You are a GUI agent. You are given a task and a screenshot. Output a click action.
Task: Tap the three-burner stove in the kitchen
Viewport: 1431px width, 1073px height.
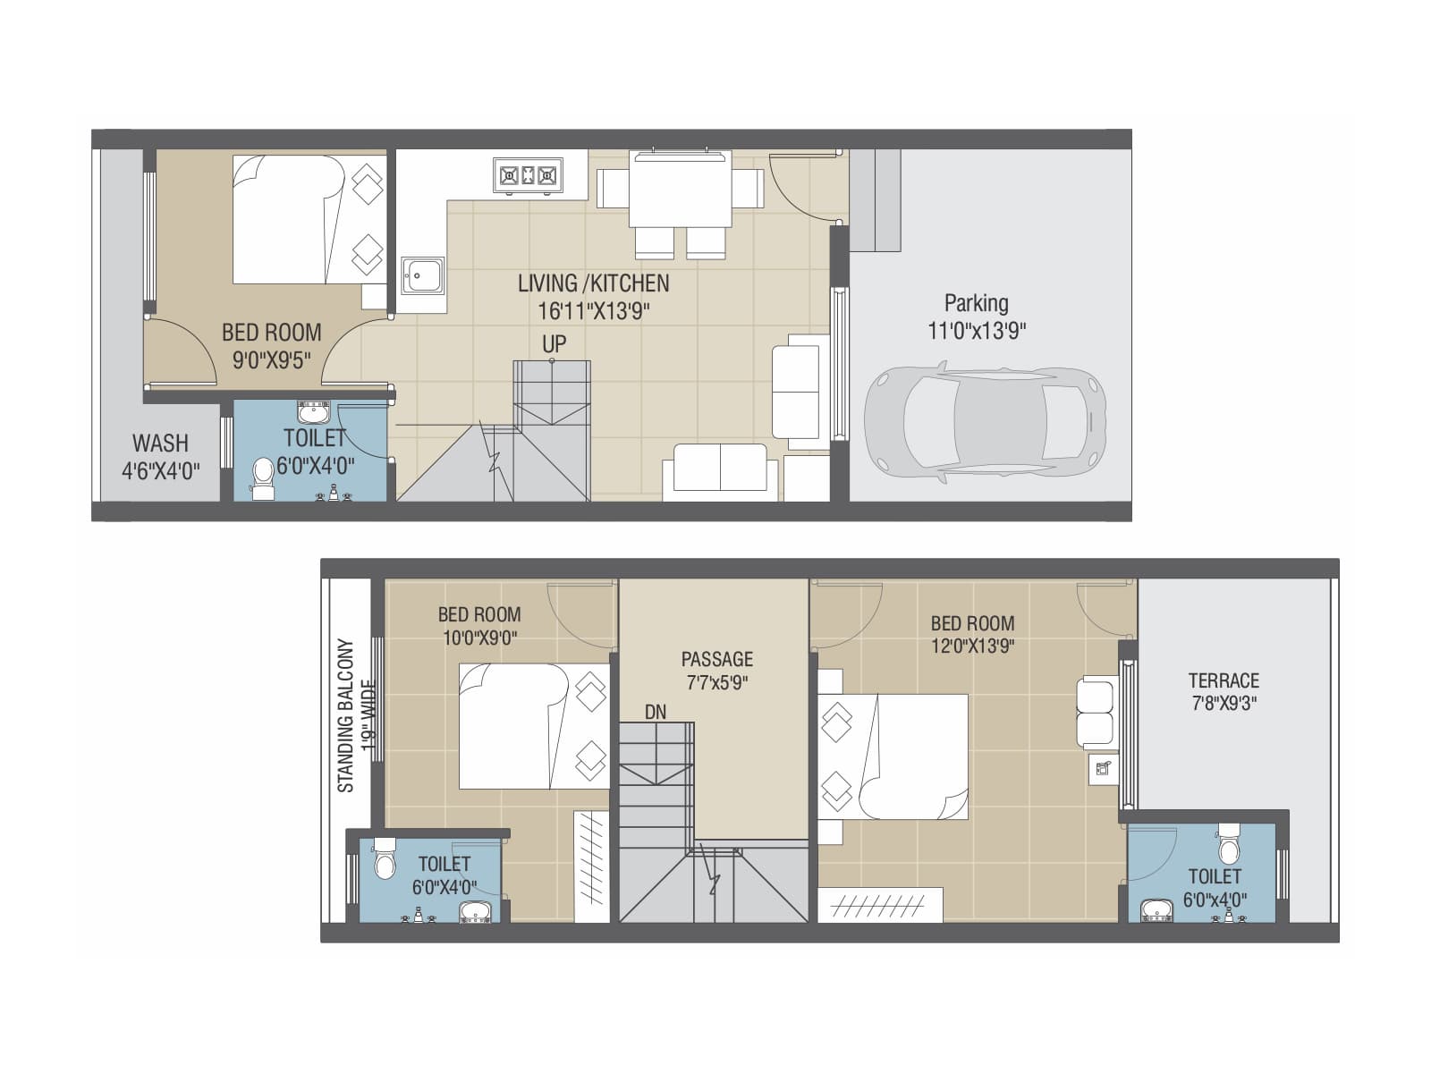point(528,175)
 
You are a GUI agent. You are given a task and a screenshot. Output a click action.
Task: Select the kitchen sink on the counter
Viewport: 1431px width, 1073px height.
point(422,275)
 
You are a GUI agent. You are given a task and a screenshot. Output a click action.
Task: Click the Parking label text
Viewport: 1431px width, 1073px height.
point(976,303)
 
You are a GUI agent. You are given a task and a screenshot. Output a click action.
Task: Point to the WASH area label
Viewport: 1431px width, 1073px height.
point(160,444)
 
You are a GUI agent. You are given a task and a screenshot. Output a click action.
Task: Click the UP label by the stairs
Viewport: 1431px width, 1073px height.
point(554,344)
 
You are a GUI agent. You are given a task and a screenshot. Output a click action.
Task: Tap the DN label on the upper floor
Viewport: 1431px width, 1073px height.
point(656,712)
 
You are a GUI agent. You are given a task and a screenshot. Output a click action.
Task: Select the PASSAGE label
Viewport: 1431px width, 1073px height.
point(716,660)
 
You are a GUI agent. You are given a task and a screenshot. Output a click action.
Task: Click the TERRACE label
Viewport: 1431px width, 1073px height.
point(1224,680)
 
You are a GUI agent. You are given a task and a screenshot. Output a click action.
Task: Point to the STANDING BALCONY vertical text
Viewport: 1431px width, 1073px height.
point(346,715)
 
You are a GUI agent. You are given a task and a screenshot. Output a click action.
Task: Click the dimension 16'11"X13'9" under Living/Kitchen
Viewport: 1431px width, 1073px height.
point(593,311)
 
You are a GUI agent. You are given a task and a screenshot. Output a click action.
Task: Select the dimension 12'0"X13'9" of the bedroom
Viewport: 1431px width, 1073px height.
point(972,646)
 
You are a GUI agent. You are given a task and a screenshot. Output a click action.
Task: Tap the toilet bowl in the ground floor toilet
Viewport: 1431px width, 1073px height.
point(263,477)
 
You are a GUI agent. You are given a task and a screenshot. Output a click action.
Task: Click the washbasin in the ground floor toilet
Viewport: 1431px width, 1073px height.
point(314,413)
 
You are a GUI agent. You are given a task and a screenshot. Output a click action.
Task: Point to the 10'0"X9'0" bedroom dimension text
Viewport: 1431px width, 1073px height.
point(479,638)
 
